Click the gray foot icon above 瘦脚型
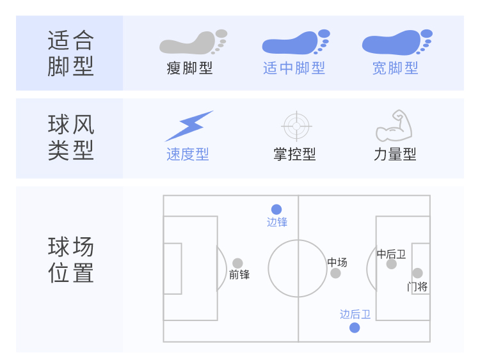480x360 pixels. pos(192,42)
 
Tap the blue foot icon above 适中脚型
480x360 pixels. pos(295,42)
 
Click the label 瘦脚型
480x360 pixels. pos(189,68)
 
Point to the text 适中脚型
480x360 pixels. pos(294,68)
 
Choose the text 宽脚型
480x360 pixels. pos(396,68)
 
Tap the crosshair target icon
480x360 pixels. pos(296,126)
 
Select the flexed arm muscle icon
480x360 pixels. pos(394,126)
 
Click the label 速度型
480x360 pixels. pos(188,154)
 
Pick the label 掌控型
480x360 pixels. pos(294,154)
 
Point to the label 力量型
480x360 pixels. pos(395,154)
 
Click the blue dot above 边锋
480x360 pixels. pos(276,209)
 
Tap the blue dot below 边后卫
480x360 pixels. pos(355,328)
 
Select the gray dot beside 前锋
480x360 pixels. pos(237,263)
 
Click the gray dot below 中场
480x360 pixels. pos(335,274)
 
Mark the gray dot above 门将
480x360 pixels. pos(417,273)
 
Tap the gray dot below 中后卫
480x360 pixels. pos(391,264)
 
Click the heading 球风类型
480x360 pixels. pos(70,137)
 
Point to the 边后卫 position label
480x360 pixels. pos(355,314)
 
